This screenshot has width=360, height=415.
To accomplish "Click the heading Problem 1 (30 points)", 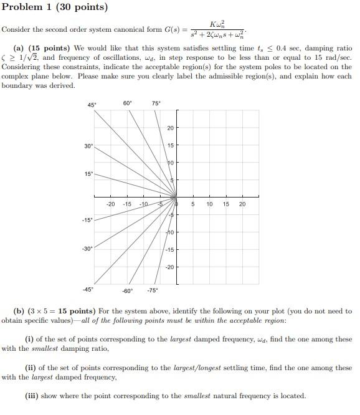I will coord(55,7).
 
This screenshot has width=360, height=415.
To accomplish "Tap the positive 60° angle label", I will coord(127,103).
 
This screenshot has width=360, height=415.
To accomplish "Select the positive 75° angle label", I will coord(156,103).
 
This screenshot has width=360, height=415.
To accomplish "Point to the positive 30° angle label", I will coord(88,146).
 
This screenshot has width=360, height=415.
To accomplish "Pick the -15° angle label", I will coord(87,220).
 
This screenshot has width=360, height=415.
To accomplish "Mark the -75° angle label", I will coord(152,290).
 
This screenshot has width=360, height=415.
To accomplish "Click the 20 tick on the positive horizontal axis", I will coord(242,204).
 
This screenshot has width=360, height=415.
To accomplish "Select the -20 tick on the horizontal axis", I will coord(110,204).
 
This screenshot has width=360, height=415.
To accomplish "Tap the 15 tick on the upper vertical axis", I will coord(170,145).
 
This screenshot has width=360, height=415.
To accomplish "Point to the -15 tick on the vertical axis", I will coord(169,250).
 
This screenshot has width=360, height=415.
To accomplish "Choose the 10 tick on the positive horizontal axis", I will coord(209,204).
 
